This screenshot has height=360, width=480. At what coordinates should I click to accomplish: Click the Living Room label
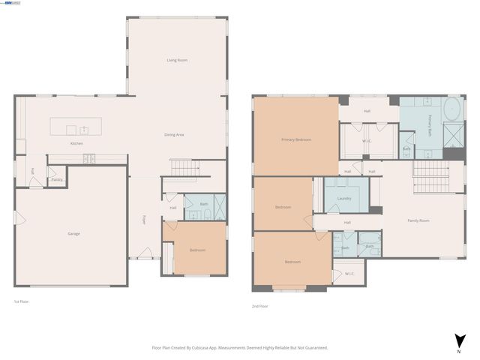(x=177, y=60)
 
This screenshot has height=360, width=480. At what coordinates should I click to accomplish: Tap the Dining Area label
(x=175, y=134)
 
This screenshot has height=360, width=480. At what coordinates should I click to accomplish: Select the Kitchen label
(x=76, y=143)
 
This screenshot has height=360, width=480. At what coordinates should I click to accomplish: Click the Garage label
(x=73, y=233)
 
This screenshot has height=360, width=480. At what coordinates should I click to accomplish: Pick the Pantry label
(x=57, y=180)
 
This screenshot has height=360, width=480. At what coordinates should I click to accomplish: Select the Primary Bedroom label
(x=296, y=139)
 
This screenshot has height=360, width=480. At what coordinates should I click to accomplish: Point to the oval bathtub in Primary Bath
(x=452, y=110)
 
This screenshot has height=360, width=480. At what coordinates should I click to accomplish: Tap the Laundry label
(x=345, y=199)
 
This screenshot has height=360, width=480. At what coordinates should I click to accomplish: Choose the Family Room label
(x=418, y=220)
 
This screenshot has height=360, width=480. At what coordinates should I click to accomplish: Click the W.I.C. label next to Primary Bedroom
(x=367, y=140)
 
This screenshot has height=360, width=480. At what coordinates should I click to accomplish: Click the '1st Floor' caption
(x=22, y=301)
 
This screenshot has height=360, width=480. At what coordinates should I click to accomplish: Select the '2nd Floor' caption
(x=259, y=306)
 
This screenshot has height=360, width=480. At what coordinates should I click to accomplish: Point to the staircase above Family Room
(x=430, y=178)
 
